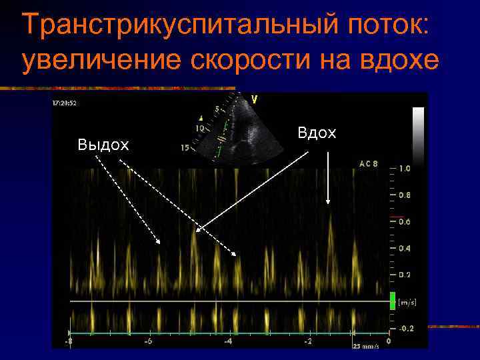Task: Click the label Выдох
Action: pos(103,145)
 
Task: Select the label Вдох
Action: pos(317,133)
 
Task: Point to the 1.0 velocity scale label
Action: pos(405,169)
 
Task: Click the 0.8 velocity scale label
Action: pos(405,195)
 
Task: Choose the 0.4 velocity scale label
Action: pos(405,248)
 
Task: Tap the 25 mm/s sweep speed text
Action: pos(365,346)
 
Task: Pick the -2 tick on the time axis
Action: pos(308,341)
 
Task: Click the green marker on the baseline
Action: pos(393,301)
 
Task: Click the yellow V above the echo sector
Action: pos(253,99)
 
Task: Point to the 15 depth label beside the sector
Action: pos(185,148)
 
